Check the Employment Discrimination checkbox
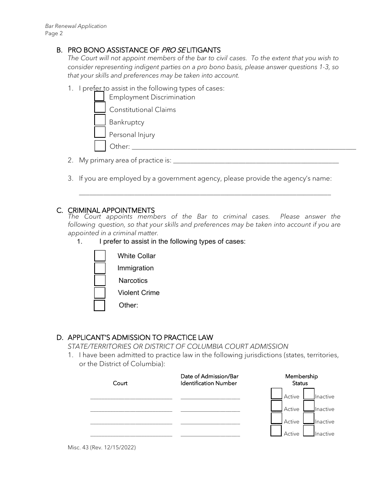[x=99, y=97]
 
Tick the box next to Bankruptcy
[x=100, y=120]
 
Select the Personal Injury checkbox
[x=100, y=132]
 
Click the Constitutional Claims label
[x=142, y=110]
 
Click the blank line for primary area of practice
[x=255, y=161]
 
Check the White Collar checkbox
[x=100, y=256]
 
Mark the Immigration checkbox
[x=100, y=268]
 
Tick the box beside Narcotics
[x=100, y=280]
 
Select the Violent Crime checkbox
[x=100, y=293]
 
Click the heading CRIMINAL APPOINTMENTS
[x=111, y=210]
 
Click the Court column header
[x=120, y=383]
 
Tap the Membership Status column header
[x=301, y=380]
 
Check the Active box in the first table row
[x=276, y=394]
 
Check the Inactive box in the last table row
[x=309, y=431]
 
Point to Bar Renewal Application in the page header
[x=76, y=26]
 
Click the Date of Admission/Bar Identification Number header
[x=209, y=380]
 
